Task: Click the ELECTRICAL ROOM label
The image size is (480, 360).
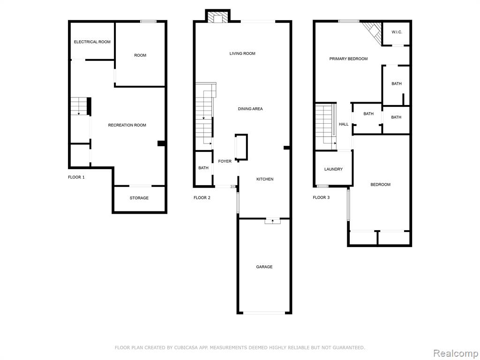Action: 92,42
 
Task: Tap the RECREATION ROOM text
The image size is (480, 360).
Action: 127,125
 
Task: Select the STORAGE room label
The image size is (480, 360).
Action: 139,198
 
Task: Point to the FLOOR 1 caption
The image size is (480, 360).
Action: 76,177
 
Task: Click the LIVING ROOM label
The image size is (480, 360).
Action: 242,53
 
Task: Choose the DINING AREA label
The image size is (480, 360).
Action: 250,109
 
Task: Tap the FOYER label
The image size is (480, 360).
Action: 225,161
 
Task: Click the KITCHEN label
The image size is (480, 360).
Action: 265,180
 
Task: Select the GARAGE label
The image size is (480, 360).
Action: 264,267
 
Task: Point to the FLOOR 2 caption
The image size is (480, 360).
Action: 202,198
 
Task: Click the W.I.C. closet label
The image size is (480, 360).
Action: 397,32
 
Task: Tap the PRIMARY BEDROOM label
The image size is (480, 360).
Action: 348,59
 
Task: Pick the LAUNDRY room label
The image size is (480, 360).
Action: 333,169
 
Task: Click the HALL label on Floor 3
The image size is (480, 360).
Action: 344,124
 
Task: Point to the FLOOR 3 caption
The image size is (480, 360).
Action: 321,197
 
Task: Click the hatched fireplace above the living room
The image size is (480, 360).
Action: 217,17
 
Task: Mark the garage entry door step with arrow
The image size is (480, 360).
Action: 272,221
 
